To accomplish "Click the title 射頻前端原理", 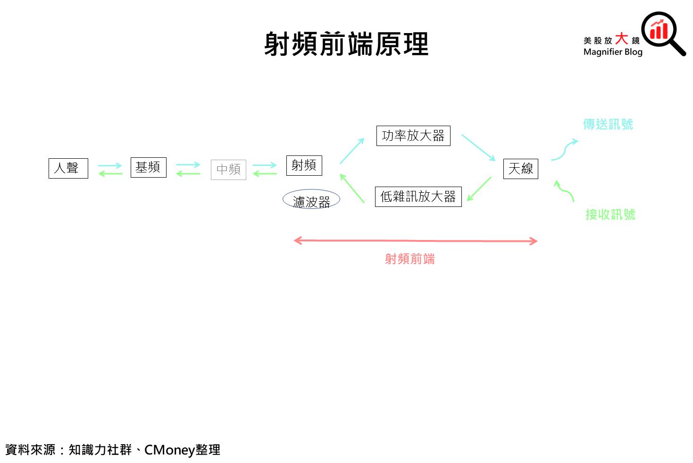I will point(346,44).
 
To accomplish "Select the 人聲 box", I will point(68,168).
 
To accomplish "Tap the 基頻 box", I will point(148,167).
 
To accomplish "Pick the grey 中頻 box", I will point(228,170).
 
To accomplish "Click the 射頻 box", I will point(304,165).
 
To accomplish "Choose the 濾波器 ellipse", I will point(311,200).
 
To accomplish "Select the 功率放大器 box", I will point(413,136).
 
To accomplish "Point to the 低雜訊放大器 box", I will point(418,197).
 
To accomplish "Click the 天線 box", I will point(520,169).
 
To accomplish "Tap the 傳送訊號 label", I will point(608,124).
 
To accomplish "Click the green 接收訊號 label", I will point(610,214).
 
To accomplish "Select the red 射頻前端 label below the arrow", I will point(409,259).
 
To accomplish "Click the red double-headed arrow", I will point(415,241).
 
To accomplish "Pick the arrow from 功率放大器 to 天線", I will point(478,147).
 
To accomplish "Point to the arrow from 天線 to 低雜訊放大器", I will point(479,189).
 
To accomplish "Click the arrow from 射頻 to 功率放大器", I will point(352,151).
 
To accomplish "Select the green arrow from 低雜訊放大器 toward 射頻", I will point(352,189).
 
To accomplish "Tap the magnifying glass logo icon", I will point(662,32).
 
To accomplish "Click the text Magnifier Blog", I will point(613,52).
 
